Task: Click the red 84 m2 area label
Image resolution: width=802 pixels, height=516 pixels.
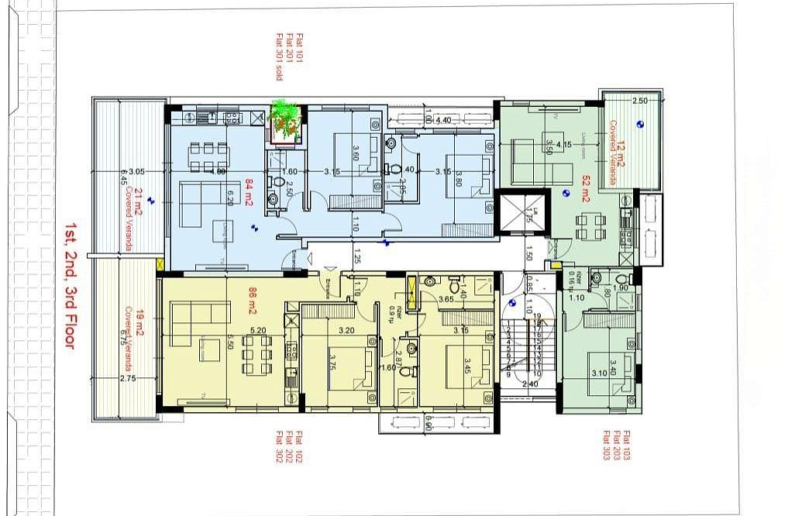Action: (x=250, y=188)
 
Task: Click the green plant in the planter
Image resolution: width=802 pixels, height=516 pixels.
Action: (x=284, y=121)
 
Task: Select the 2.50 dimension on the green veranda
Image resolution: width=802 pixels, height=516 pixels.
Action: (x=639, y=101)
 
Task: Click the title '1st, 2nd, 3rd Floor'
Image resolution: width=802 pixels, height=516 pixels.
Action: (x=68, y=287)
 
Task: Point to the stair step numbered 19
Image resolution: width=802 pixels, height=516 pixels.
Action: (x=537, y=316)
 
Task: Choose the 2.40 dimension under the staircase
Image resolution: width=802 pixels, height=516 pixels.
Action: (x=531, y=384)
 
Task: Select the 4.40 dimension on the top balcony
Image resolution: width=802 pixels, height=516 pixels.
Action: (x=443, y=120)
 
